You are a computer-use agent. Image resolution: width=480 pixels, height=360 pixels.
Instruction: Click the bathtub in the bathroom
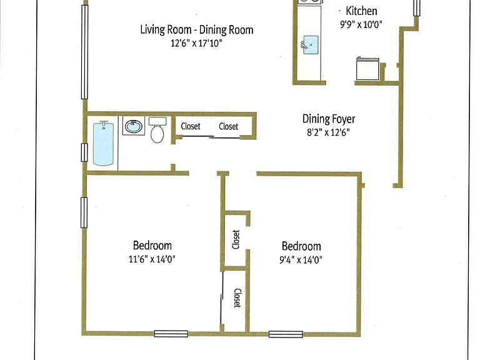click(x=103, y=143)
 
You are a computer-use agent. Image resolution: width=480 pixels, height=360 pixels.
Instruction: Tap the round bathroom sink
click(x=134, y=126)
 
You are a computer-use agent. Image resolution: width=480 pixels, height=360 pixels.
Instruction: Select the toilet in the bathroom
click(x=157, y=130)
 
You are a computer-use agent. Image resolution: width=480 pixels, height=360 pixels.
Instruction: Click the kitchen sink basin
click(x=311, y=45)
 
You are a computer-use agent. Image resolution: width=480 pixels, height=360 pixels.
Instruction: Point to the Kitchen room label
click(x=361, y=11)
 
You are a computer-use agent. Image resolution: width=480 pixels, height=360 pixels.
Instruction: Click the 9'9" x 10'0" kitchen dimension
click(x=361, y=24)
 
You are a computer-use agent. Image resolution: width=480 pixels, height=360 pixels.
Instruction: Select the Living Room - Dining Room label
click(x=196, y=30)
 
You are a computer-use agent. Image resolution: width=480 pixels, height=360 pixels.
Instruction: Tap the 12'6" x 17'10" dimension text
click(x=196, y=43)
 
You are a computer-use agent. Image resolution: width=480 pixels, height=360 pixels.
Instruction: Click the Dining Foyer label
click(x=329, y=119)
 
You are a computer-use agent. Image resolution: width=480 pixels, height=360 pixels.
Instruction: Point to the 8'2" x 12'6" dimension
click(x=329, y=132)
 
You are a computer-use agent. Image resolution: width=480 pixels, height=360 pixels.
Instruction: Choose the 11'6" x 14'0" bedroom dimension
click(x=152, y=259)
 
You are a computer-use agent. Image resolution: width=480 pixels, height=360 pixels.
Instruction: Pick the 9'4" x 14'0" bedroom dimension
click(x=301, y=260)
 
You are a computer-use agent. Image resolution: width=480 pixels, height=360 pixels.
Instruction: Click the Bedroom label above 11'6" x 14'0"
click(x=152, y=246)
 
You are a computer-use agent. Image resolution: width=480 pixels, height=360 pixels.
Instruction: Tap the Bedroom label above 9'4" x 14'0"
click(x=301, y=246)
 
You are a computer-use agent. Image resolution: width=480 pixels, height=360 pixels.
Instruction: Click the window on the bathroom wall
click(x=84, y=152)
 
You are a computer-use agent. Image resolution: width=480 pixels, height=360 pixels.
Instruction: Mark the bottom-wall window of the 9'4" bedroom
click(x=286, y=334)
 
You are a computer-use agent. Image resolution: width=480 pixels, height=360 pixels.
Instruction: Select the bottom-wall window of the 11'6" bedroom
click(x=171, y=334)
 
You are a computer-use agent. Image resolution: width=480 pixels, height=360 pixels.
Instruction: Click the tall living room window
click(x=84, y=52)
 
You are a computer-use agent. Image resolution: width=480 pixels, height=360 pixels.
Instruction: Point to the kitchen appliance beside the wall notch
click(x=367, y=69)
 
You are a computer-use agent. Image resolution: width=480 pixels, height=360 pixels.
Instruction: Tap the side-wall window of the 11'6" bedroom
click(x=84, y=212)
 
